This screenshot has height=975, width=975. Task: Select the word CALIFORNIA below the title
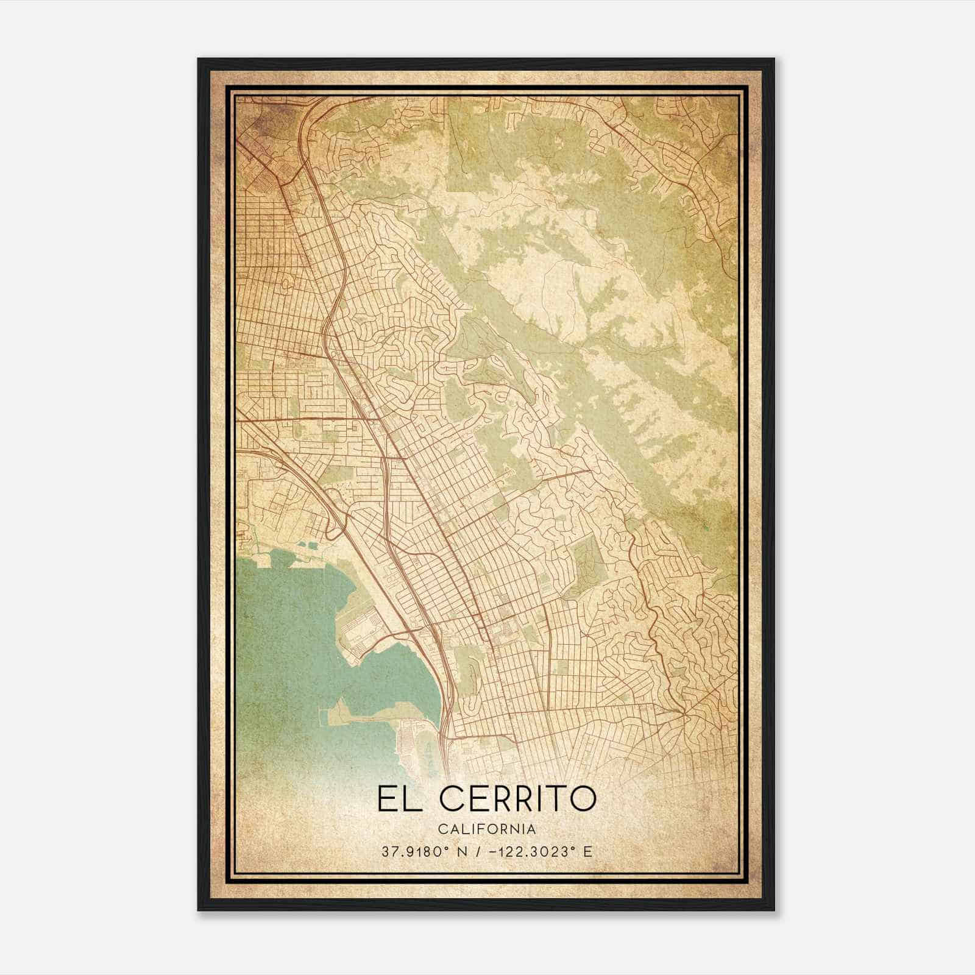click(x=486, y=829)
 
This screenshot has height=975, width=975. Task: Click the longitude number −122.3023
click(x=525, y=852)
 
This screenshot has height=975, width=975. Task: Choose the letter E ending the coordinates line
click(x=587, y=852)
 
